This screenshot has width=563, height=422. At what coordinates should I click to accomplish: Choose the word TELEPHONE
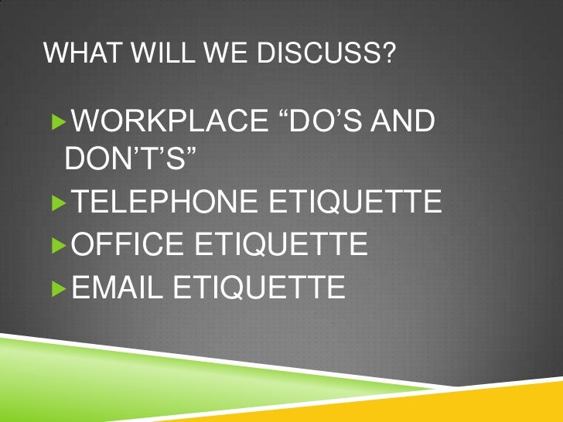162,205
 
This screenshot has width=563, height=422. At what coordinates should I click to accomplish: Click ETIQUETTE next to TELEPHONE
353,205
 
